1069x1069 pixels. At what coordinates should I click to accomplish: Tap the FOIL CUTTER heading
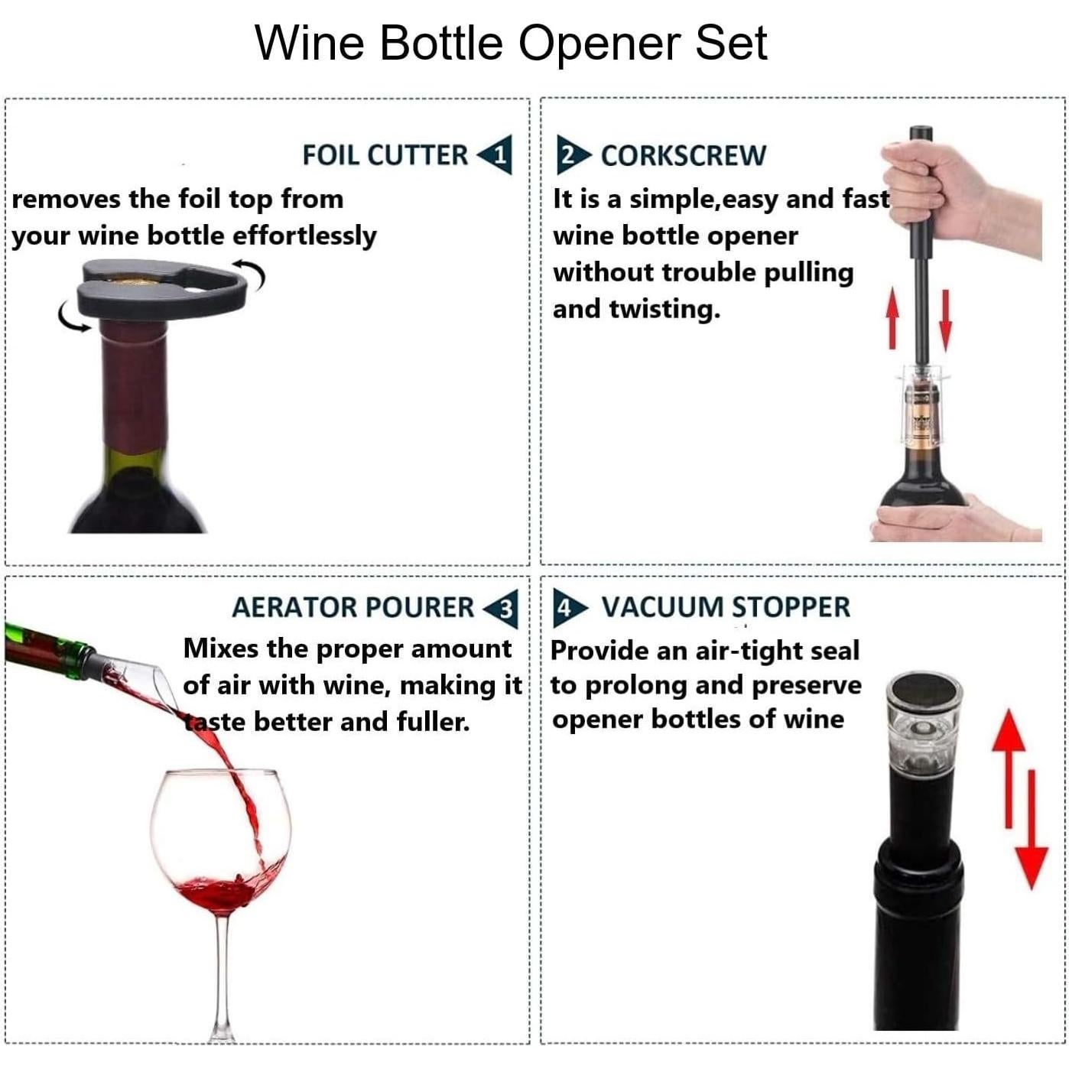[385, 155]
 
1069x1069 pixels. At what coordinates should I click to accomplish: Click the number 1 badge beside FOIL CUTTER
[498, 155]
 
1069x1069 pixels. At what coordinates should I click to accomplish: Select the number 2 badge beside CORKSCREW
[570, 155]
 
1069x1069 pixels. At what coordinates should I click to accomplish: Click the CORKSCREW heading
[683, 155]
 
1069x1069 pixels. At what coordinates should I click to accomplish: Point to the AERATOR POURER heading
[353, 607]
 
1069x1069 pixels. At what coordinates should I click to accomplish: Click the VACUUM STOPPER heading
[726, 607]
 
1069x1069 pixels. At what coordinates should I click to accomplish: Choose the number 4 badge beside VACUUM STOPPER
[566, 608]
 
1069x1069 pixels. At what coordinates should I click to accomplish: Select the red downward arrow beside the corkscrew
[946, 320]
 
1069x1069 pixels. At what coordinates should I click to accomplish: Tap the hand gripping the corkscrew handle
[956, 191]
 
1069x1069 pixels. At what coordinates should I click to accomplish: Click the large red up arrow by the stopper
[1009, 765]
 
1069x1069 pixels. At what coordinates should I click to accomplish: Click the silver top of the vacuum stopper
[923, 692]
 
